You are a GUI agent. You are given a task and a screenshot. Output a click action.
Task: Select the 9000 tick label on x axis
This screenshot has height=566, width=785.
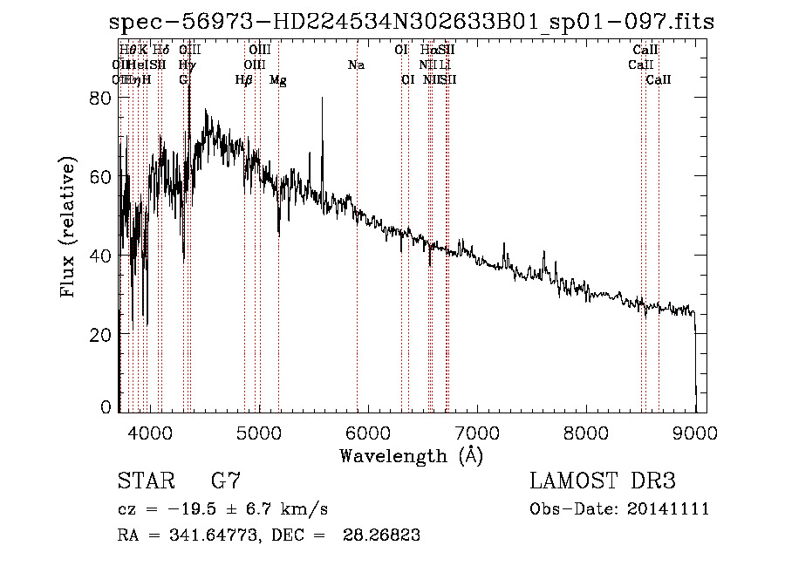[x=694, y=433]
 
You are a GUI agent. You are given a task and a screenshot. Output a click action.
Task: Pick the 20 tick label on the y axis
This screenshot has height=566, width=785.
[x=101, y=335]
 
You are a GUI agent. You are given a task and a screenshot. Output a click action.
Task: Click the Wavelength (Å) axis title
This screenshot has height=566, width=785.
[x=411, y=455]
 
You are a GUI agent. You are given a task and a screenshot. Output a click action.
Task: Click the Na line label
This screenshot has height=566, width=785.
[x=356, y=65]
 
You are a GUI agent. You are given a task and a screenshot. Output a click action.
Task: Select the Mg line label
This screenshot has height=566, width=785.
[x=278, y=80]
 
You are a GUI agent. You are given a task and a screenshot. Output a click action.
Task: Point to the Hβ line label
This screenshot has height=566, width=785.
[x=244, y=80]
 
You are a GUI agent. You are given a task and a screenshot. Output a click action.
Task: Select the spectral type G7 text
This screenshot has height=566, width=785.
[x=225, y=481]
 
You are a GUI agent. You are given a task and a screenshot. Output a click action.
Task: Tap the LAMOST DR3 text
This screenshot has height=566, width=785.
[x=603, y=481]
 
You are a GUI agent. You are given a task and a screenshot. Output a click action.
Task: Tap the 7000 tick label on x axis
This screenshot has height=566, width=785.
[x=476, y=433]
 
